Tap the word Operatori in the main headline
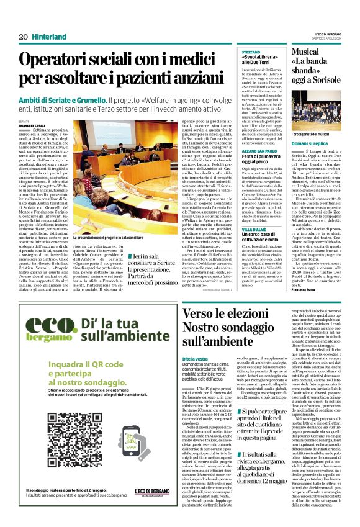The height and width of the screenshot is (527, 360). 52,60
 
